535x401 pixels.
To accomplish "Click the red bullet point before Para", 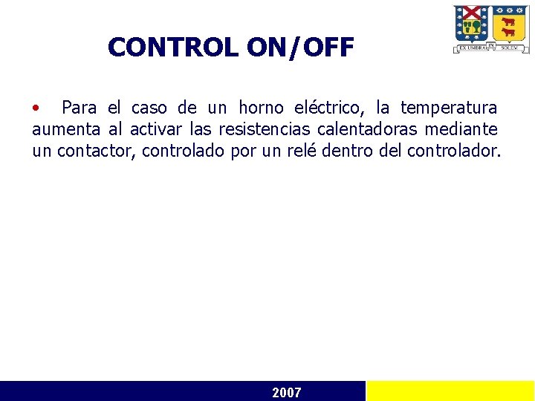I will click(36, 108).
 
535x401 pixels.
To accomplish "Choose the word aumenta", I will click(67, 130).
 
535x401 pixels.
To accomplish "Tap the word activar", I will click(155, 130).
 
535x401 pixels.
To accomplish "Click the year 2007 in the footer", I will click(287, 392).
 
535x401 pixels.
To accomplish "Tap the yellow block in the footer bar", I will click(450, 391).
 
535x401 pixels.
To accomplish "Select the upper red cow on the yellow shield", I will click(508, 22).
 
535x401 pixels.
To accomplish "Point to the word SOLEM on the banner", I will click(509, 47).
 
